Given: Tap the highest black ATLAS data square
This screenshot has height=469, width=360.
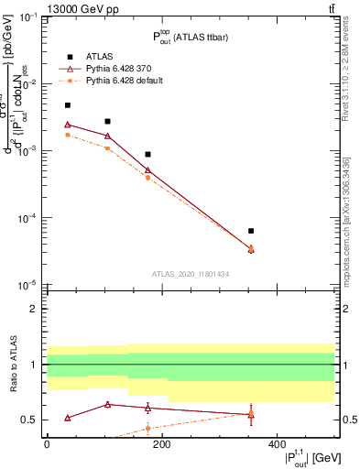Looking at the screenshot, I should pos(68,105).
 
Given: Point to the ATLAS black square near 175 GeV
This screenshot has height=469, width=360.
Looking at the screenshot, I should pos(147,155).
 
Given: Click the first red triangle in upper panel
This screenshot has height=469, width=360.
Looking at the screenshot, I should pos(68,125).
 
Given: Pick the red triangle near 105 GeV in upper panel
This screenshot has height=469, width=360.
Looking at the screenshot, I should pos(108,136).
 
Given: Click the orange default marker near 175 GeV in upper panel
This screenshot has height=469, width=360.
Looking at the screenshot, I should pos(147,178).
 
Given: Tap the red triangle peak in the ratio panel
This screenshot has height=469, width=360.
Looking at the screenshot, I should pos(108,404).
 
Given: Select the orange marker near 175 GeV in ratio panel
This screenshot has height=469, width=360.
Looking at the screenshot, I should pos(147,428).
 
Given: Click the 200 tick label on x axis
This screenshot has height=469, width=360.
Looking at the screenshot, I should pos(161,443).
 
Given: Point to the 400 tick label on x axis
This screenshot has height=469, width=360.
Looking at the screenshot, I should pos(277,443).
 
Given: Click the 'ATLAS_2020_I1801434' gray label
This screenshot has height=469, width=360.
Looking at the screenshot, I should pos(189,274).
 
